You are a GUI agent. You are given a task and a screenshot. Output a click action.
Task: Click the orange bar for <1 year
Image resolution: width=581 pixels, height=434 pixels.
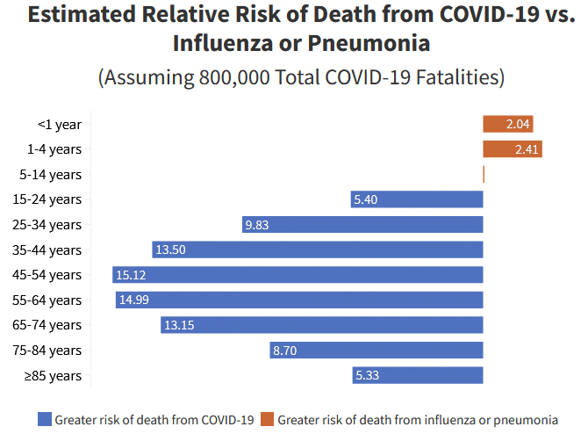507,124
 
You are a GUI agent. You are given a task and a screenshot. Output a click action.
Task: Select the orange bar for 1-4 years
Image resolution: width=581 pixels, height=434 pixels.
512,149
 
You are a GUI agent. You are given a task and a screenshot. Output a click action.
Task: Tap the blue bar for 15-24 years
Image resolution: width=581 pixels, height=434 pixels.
417,199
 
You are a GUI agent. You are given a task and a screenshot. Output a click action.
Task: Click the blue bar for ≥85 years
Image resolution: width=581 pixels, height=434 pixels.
418,375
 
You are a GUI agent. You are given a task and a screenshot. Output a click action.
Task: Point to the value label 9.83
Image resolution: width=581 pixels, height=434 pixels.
257,225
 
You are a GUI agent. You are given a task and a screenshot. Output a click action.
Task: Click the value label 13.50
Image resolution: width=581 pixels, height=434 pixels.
170,250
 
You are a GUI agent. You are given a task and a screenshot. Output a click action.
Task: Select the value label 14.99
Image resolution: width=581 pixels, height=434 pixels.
133,300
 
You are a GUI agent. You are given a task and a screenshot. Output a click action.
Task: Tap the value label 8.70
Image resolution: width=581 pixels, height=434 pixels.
284,351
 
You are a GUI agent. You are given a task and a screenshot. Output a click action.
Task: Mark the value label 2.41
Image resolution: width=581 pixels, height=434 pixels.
527,149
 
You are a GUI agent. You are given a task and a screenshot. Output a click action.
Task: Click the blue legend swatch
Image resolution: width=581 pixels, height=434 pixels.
45,419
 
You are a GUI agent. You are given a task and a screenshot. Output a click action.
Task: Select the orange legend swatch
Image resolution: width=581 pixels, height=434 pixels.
268,419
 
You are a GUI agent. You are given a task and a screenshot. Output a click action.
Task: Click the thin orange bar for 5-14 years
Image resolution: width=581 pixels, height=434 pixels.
484,175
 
